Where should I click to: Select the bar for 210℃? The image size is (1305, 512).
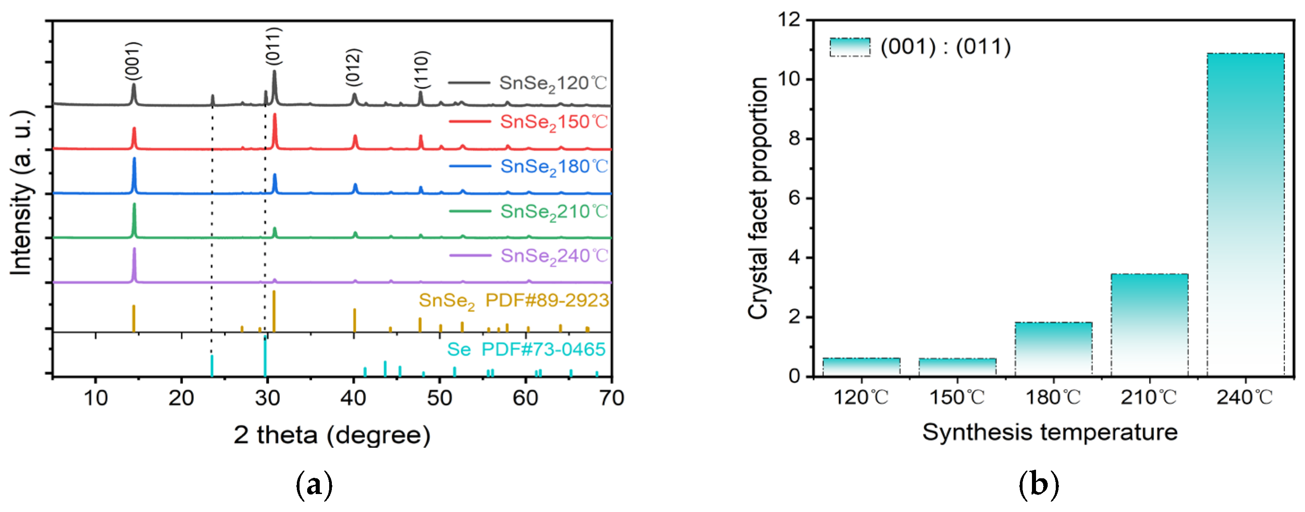point(1149,325)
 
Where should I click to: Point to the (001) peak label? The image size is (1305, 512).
point(133,61)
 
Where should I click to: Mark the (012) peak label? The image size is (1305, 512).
point(353,67)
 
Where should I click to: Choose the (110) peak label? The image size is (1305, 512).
point(422,70)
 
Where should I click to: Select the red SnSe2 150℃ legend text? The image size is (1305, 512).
point(553,122)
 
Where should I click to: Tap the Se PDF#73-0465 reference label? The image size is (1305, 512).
point(526,349)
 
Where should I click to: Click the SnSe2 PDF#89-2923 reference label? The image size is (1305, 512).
point(513,301)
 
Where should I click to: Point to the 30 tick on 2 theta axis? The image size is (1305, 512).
point(268,398)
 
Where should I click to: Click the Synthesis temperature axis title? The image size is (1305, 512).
point(1049,432)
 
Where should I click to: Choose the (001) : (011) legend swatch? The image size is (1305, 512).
point(850,47)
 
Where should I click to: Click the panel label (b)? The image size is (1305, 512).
point(1039,485)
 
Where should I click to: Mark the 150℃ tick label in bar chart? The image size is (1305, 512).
point(957,397)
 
